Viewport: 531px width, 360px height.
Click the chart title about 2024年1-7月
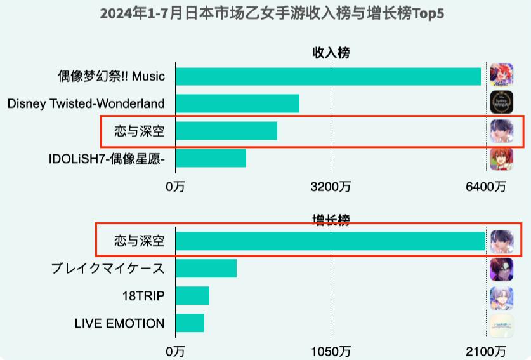[x=272, y=13]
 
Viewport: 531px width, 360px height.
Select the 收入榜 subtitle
[x=331, y=53]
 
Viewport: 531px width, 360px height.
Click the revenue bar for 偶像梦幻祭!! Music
[x=328, y=76]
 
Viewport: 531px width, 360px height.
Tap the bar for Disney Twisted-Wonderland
[x=237, y=103]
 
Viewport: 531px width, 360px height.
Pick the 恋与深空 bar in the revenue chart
[x=226, y=131]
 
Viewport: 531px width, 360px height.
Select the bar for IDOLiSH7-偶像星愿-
[x=211, y=158]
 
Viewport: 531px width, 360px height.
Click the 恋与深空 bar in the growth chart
[x=331, y=241]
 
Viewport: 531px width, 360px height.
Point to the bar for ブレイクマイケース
[x=206, y=269]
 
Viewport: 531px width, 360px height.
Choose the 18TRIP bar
[x=192, y=296]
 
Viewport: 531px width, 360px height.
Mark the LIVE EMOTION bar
[x=190, y=323]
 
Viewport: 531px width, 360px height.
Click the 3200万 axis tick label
[x=331, y=187]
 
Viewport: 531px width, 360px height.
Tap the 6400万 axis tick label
[x=486, y=187]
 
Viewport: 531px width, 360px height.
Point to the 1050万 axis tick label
[x=331, y=352]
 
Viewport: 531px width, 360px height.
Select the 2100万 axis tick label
[x=486, y=352]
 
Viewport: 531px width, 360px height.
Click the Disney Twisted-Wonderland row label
[x=86, y=103]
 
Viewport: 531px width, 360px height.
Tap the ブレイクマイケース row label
[x=108, y=269]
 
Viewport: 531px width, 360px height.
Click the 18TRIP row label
[x=143, y=296]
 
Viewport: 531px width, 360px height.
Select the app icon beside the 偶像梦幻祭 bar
[x=502, y=76]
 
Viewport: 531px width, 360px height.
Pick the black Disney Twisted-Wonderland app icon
[x=502, y=103]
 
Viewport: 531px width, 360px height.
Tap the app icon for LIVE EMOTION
[x=502, y=324]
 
